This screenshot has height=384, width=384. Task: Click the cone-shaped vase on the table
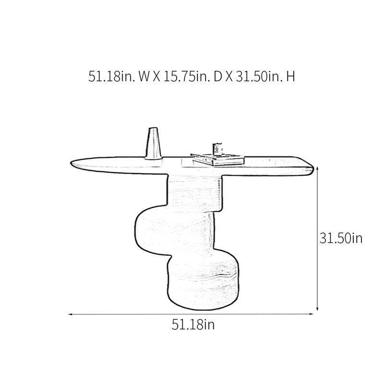tap(153, 144)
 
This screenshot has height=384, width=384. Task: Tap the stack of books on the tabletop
tap(217, 159)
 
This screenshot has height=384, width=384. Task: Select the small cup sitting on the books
tap(217, 149)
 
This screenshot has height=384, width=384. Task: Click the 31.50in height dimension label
tap(341, 238)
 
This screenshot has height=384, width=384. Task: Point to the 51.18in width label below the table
tap(193, 325)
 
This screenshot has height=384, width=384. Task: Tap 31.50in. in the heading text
tap(259, 76)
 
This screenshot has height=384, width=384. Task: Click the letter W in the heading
tap(144, 77)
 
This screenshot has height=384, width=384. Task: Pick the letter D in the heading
tap(218, 77)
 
